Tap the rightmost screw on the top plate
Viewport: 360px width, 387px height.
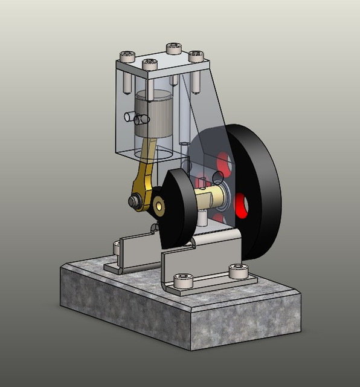pyautogui.click(x=196, y=56)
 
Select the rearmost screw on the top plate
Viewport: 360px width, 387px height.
pyautogui.click(x=174, y=47)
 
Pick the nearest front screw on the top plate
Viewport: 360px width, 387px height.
pyautogui.click(x=149, y=62)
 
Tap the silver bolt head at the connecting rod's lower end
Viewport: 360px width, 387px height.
pyautogui.click(x=134, y=200)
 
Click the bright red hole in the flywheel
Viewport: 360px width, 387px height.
pyautogui.click(x=242, y=205)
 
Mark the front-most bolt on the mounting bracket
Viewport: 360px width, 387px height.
pyautogui.click(x=182, y=280)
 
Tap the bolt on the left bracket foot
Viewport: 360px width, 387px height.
pyautogui.click(x=117, y=247)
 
